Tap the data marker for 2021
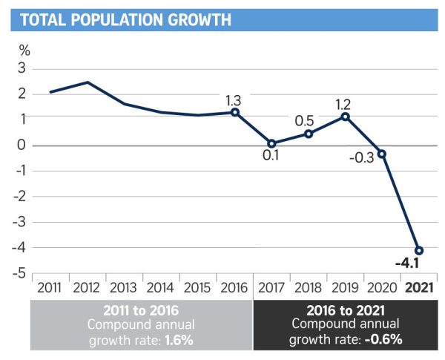pyautogui.click(x=419, y=250)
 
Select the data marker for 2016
pyautogui.click(x=234, y=112)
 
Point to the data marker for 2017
pyautogui.click(x=271, y=144)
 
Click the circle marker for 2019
pyautogui.click(x=345, y=117)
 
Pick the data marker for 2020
pyautogui.click(x=382, y=154)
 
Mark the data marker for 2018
pyautogui.click(x=309, y=134)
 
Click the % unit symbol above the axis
pyautogui.click(x=24, y=51)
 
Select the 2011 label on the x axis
pyautogui.click(x=50, y=287)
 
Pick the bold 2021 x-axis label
pyautogui.click(x=419, y=287)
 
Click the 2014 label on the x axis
pyautogui.click(x=161, y=287)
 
